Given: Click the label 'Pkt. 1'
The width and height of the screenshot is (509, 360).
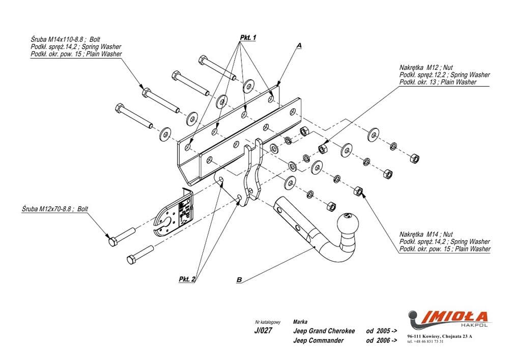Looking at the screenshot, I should [247, 38].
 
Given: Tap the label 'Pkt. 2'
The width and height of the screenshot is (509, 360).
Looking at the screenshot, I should [187, 279].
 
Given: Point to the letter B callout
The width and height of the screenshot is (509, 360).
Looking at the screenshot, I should [239, 280].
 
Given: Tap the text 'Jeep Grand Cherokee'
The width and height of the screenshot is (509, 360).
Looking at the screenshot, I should [324, 330].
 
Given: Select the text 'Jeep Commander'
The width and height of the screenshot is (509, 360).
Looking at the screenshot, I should [318, 340].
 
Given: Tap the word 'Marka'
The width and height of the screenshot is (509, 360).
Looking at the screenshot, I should [300, 322].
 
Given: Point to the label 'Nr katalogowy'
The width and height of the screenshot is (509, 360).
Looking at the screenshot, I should [268, 322].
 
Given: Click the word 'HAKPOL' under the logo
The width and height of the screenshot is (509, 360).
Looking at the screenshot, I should [476, 324].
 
